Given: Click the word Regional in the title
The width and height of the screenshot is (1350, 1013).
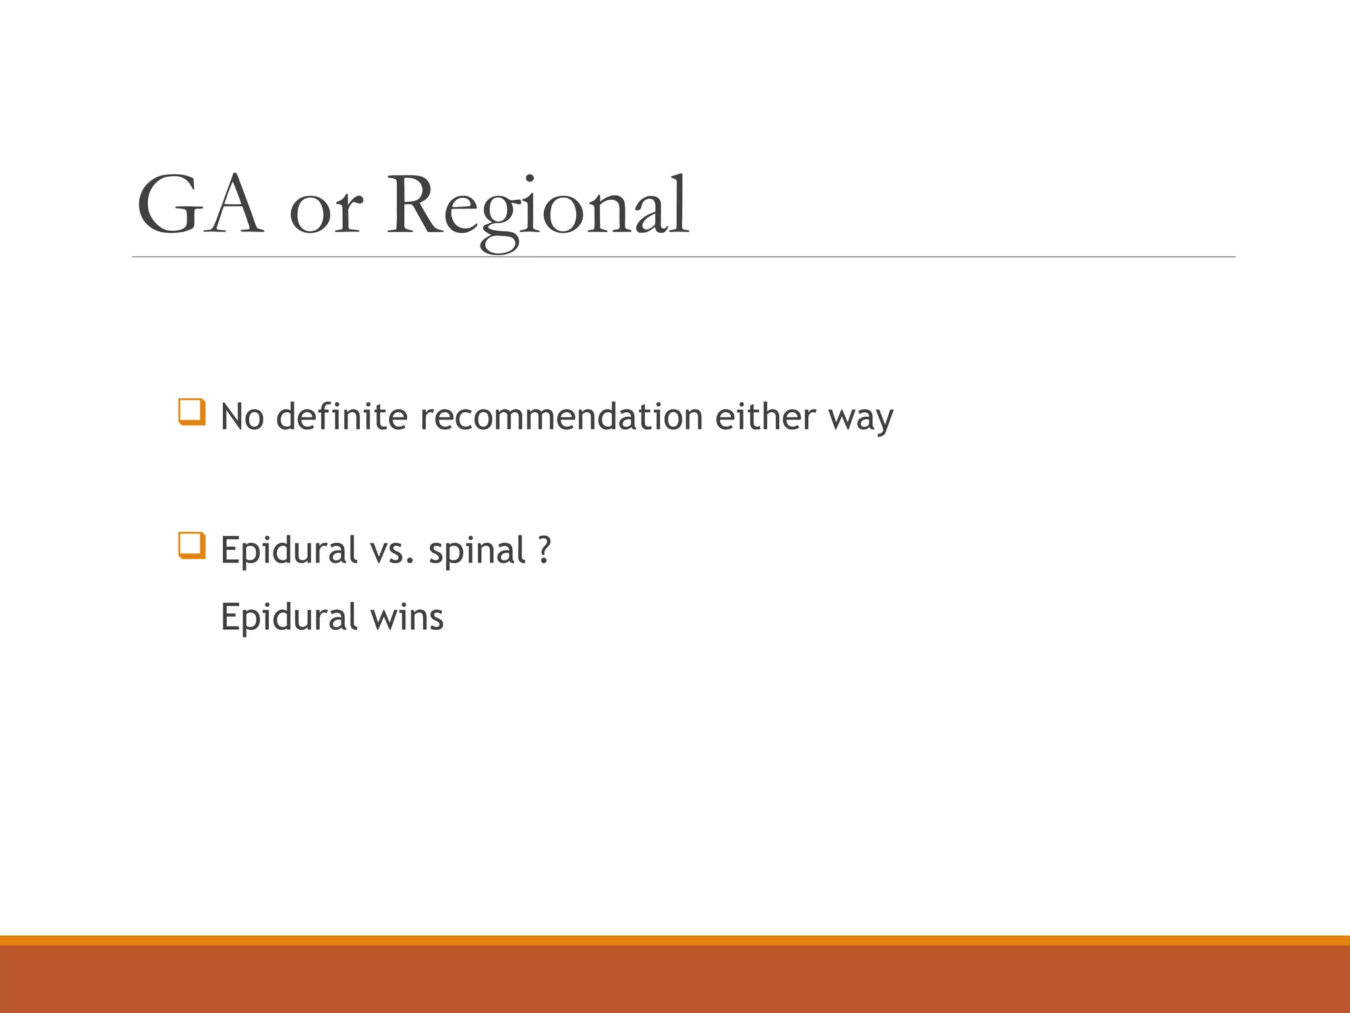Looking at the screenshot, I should pos(537,208).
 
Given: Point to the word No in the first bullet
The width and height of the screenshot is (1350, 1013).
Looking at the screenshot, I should pos(242,417).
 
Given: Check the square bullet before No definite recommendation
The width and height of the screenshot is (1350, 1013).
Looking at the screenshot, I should pos(192,412).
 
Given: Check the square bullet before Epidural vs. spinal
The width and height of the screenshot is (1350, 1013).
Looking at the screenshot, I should pos(192,545).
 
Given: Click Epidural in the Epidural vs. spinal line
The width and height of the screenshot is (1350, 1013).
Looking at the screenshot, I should pos(289,551).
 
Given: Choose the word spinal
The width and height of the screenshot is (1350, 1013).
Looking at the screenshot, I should pos(477,551).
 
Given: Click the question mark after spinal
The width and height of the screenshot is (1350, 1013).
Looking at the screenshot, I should pos(544,550).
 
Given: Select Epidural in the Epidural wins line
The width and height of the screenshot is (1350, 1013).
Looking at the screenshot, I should pos(289,618).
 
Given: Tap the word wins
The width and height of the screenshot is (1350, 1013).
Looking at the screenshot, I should pos(407,619).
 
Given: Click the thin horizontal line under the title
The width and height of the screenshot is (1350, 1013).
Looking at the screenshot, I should pos(684,257).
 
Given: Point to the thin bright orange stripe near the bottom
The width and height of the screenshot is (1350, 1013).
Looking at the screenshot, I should pos(675,940).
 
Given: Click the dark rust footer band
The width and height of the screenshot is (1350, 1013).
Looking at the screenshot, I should pos(675,979).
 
